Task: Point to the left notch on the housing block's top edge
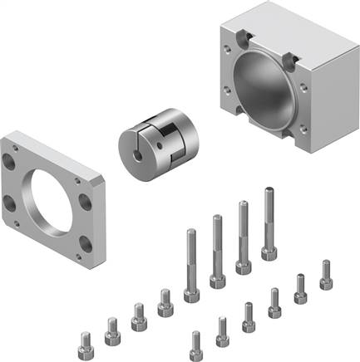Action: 247,37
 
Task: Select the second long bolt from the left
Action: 217,249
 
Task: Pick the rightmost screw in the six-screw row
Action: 326,274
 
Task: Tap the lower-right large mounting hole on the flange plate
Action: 87,245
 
